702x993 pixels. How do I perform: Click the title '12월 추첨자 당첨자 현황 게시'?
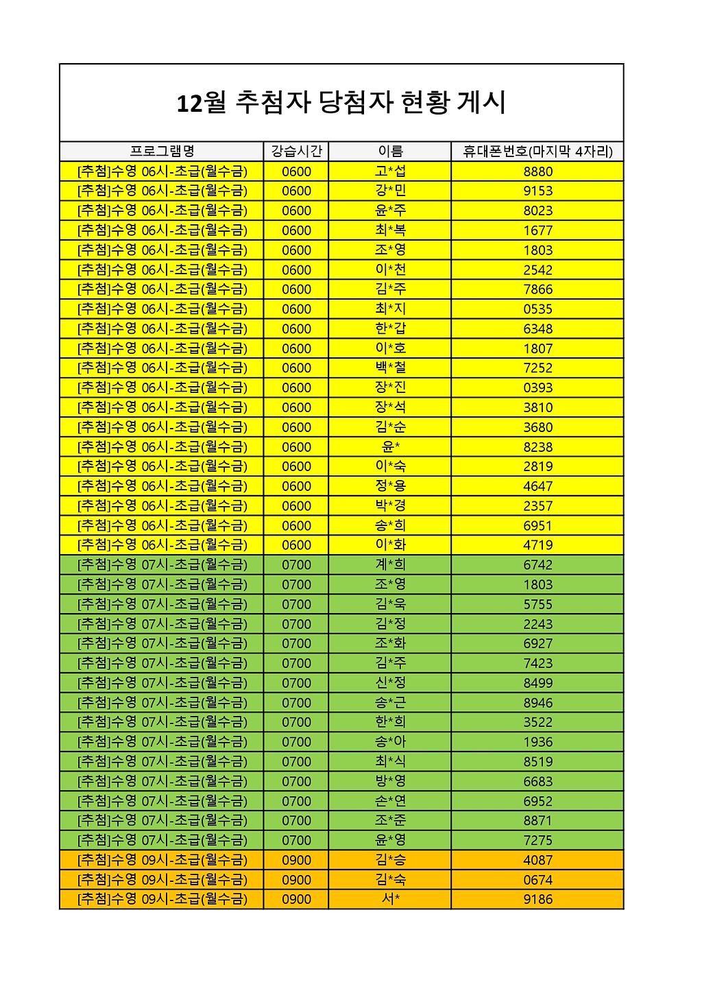point(341,103)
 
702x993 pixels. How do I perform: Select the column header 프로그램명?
point(162,152)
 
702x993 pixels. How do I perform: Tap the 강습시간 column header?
point(296,152)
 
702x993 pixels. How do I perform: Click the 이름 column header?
point(390,152)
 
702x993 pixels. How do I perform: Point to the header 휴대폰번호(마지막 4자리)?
point(537,152)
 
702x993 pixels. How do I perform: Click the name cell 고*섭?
point(390,171)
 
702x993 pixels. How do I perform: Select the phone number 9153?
point(537,191)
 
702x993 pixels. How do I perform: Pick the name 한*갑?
point(390,328)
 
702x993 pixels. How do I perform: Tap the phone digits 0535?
point(537,309)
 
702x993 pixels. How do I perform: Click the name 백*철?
point(390,368)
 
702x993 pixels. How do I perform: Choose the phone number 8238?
point(537,447)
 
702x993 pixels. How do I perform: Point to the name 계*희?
point(390,565)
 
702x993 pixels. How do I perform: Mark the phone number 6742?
point(537,565)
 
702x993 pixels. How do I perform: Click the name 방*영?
point(390,781)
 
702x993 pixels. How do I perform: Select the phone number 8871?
point(537,821)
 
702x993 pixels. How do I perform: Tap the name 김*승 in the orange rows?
point(390,860)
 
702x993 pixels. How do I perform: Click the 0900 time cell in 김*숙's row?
point(296,880)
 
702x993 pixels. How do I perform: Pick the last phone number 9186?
point(537,899)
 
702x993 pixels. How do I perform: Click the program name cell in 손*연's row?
point(162,801)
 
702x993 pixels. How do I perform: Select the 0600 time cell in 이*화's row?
point(296,545)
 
